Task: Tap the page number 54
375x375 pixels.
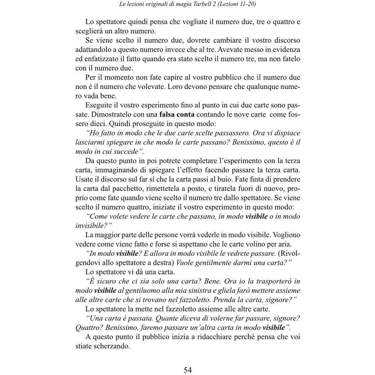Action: point(188,370)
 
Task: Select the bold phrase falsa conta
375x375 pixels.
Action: point(177,115)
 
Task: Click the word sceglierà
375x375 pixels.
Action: point(89,31)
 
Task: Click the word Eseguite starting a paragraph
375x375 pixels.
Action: point(99,105)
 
